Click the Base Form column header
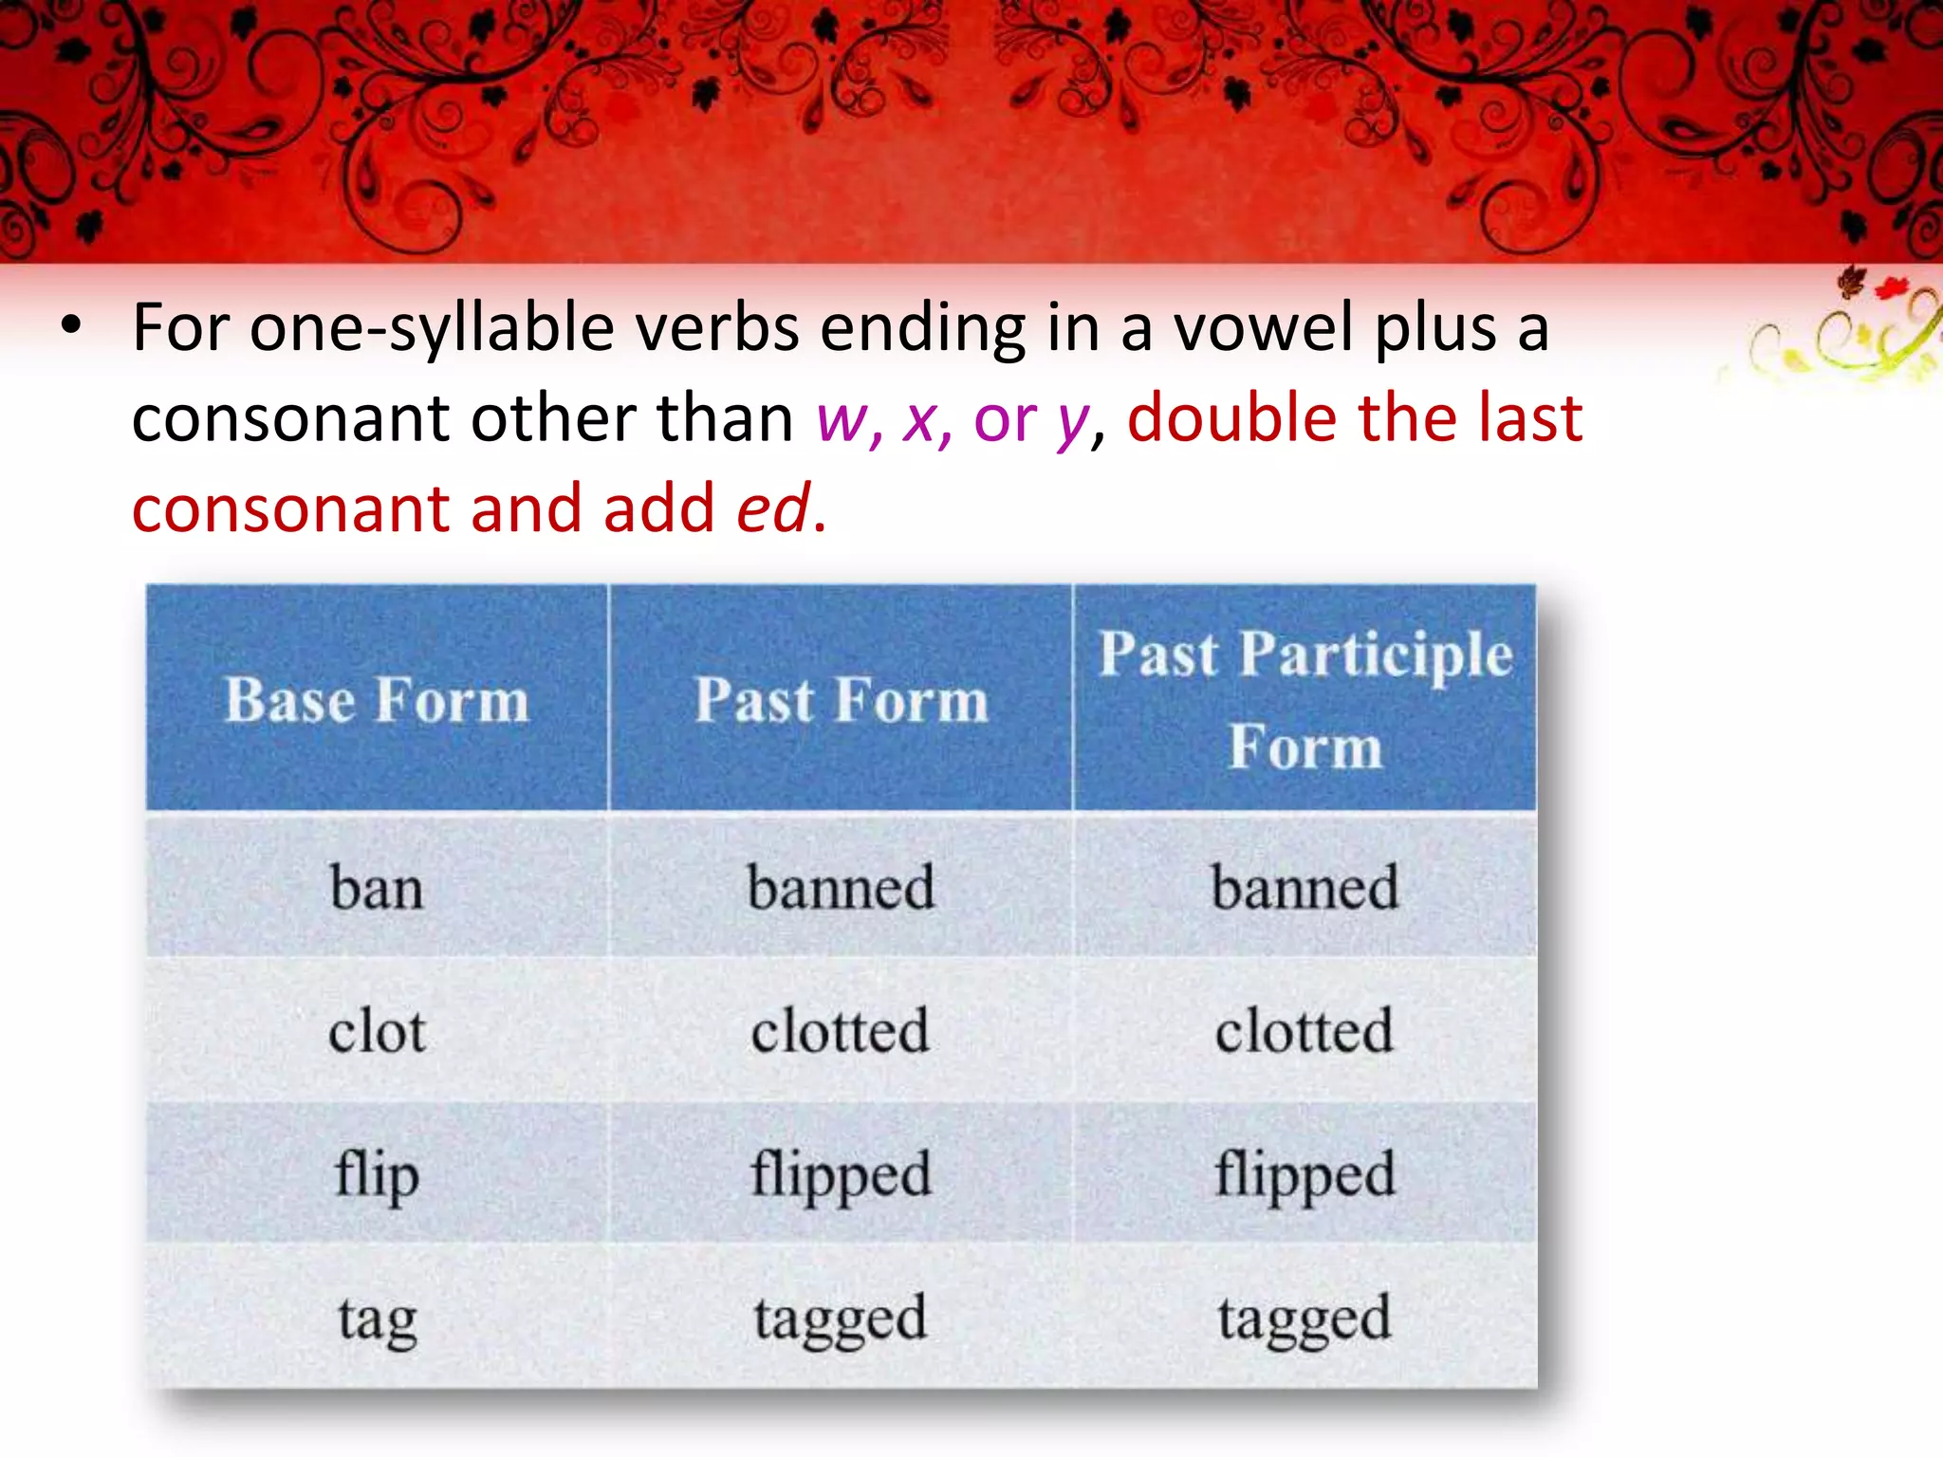coord(377,701)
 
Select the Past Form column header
coord(841,701)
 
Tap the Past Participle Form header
coord(1305,700)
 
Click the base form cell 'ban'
coord(377,889)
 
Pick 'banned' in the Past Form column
coord(841,889)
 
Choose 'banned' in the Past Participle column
coord(1305,889)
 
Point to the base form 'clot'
coord(377,1032)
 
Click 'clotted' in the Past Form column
coord(841,1032)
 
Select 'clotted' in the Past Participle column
coord(1305,1032)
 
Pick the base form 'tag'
coord(377,1319)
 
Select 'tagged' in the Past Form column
coord(841,1319)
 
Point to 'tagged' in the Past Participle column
coord(1305,1319)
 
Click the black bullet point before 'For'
coord(71,325)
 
